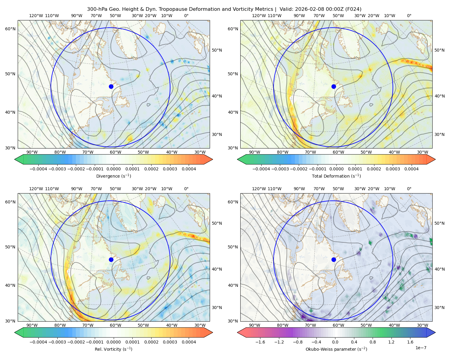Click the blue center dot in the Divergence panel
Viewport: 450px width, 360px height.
pyautogui.click(x=111, y=86)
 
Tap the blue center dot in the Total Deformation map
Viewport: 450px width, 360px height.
pyautogui.click(x=334, y=86)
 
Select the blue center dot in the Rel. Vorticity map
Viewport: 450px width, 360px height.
pyautogui.click(x=111, y=259)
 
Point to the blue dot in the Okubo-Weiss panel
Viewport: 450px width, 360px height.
pyautogui.click(x=334, y=259)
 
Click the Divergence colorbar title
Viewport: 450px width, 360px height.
pyautogui.click(x=113, y=176)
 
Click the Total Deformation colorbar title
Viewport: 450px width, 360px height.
pyautogui.click(x=336, y=176)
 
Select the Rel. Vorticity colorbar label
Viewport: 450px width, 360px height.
pyautogui.click(x=113, y=349)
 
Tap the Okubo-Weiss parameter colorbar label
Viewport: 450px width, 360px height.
pyautogui.click(x=336, y=349)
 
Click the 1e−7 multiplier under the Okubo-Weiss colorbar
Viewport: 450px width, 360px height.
pyautogui.click(x=421, y=348)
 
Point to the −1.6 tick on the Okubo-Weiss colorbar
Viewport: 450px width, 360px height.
pyautogui.click(x=260, y=342)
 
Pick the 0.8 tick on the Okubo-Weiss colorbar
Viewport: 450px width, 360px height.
pyautogui.click(x=373, y=342)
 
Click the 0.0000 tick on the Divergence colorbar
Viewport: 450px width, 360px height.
pyautogui.click(x=113, y=169)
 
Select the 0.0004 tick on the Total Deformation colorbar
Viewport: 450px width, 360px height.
pyautogui.click(x=411, y=169)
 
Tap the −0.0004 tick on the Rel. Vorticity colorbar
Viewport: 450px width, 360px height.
pyautogui.click(x=38, y=342)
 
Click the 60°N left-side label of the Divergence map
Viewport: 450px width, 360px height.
pyautogui.click(x=10, y=29)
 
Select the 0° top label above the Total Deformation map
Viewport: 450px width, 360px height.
pyautogui.click(x=409, y=16)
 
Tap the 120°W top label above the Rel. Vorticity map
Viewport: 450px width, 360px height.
pyautogui.click(x=36, y=189)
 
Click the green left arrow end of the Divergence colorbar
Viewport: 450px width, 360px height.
pyautogui.click(x=19, y=159)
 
